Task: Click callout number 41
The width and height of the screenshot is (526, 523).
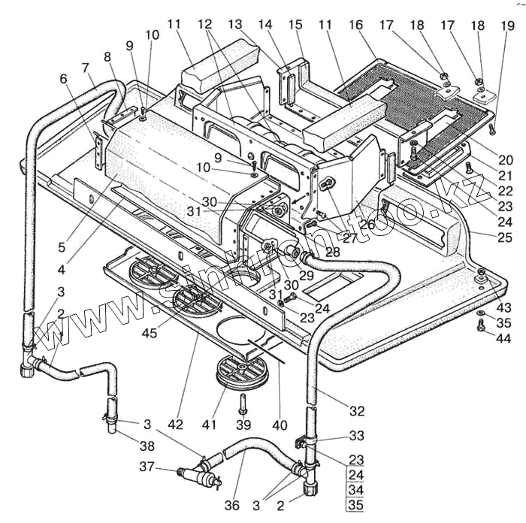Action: coord(216,425)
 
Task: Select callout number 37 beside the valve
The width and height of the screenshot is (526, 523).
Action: coord(147,467)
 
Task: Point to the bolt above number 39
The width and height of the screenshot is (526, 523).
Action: coord(243,404)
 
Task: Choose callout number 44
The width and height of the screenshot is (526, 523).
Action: coord(503,340)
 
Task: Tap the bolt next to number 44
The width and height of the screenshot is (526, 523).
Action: coord(480,325)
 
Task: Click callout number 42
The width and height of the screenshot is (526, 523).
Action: coord(175,425)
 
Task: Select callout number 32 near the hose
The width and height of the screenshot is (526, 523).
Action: coord(356,410)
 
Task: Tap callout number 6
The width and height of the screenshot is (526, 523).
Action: coord(62,79)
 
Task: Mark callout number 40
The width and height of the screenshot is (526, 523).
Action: coord(280,425)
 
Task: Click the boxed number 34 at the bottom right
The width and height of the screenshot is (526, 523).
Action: coord(355,490)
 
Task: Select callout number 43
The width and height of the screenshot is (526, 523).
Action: coord(503,307)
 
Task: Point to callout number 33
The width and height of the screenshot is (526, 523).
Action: coord(355,436)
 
